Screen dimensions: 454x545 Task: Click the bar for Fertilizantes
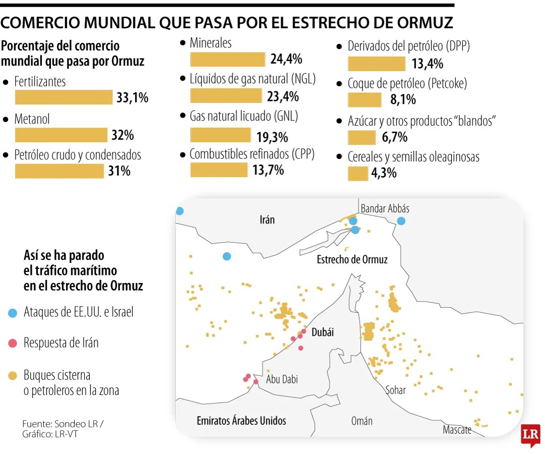tap(64, 97)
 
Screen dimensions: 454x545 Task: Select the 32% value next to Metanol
tap(123, 135)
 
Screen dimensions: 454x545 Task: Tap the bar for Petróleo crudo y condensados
tap(60, 172)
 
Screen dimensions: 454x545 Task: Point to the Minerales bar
tap(228, 60)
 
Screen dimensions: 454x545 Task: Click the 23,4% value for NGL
tap(284, 96)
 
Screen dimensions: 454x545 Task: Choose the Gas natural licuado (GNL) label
tap(244, 116)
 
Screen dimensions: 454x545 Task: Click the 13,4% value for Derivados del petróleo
tap(427, 64)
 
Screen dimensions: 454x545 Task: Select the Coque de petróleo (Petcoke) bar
tap(365, 100)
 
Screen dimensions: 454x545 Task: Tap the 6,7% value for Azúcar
tap(395, 137)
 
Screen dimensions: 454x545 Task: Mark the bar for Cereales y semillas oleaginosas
tap(358, 174)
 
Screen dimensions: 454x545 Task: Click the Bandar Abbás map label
tap(385, 208)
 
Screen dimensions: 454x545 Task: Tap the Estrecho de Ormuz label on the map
tap(352, 259)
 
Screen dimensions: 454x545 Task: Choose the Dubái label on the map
tap(323, 332)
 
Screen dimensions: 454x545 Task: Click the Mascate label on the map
tap(457, 430)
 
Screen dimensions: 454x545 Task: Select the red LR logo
tap(531, 435)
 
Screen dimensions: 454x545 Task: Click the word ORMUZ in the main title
tap(419, 23)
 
